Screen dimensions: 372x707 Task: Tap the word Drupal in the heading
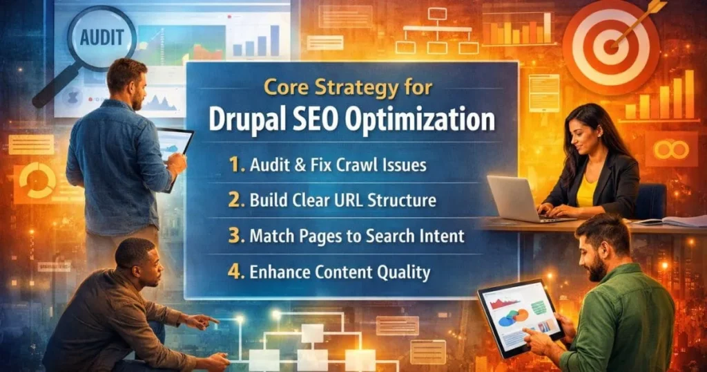pos(244,118)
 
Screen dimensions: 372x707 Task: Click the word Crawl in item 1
pos(359,166)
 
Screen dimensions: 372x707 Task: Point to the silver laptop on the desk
pos(514,198)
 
